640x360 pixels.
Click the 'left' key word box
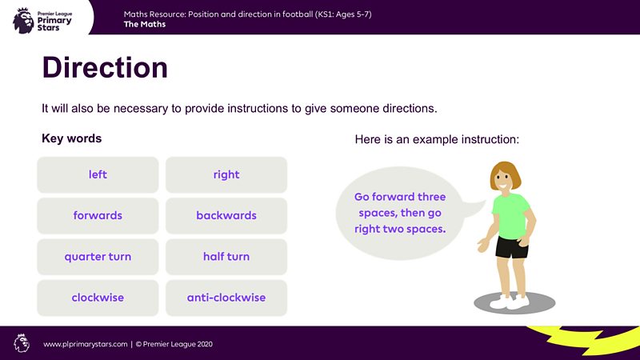[x=98, y=174]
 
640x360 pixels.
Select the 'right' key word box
[x=226, y=174]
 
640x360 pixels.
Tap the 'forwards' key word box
[x=98, y=216]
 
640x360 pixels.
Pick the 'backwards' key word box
[x=226, y=216]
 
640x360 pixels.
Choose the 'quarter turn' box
[x=98, y=257]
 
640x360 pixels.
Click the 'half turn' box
[x=226, y=257]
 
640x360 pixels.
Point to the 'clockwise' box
[x=98, y=298]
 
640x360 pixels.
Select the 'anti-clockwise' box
[x=226, y=298]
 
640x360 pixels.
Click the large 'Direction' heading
[x=105, y=68]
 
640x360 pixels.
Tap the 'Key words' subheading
[x=72, y=138]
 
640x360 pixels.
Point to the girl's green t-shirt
[x=510, y=214]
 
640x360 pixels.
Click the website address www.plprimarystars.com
[x=86, y=344]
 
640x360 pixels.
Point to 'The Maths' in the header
[x=146, y=24]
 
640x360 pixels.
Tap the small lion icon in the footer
[x=22, y=343]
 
